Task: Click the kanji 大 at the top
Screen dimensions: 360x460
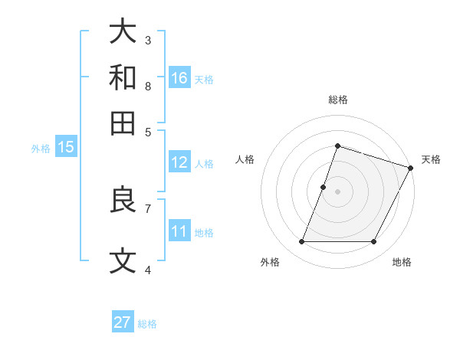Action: [123, 31]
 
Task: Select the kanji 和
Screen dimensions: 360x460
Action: [123, 77]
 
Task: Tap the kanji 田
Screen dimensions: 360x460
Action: [123, 123]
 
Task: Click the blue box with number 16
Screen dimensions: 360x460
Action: [179, 78]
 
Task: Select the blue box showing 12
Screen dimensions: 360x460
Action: [179, 162]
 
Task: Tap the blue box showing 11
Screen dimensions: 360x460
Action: [179, 231]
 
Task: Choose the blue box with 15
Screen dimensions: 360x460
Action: [65, 147]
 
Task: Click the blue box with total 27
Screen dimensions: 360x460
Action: [123, 322]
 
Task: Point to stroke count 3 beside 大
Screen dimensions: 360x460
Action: [148, 40]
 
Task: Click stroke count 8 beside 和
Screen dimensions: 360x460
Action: [148, 86]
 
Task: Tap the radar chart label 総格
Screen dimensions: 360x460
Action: [337, 100]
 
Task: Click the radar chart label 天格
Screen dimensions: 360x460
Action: [431, 159]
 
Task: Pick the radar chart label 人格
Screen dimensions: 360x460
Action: [245, 159]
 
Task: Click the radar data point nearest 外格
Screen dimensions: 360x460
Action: [301, 242]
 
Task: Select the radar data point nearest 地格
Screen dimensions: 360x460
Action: [373, 242]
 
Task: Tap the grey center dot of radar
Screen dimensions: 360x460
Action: [337, 191]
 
